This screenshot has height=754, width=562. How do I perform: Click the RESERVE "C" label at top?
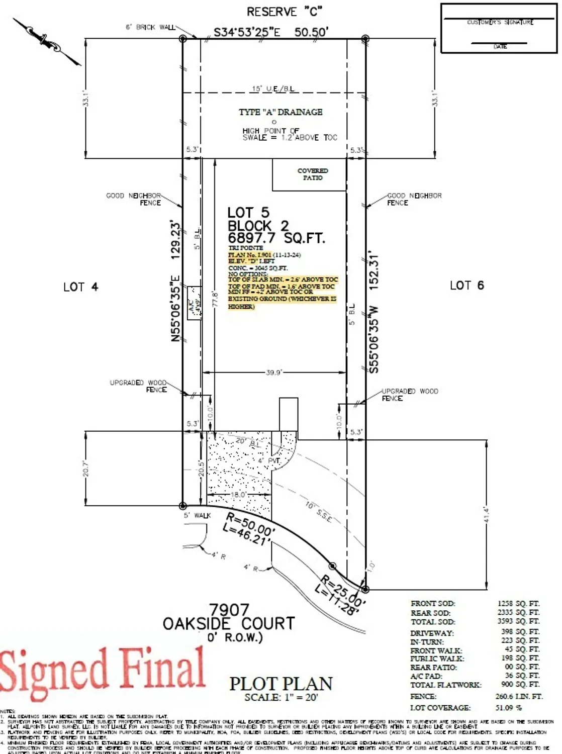click(x=284, y=11)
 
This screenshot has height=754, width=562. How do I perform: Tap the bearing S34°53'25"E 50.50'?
click(x=271, y=32)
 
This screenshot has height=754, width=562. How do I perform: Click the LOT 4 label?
click(x=80, y=287)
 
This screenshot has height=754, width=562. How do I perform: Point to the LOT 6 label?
click(x=466, y=286)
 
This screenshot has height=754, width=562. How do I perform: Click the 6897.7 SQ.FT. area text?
click(x=276, y=238)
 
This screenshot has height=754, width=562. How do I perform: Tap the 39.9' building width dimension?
click(x=274, y=372)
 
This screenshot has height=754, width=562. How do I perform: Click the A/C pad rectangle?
click(x=194, y=303)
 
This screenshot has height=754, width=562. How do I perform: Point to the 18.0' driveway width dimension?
click(x=238, y=495)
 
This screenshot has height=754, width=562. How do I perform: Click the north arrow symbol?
click(x=46, y=42)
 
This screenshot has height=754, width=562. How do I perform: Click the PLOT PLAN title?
click(x=281, y=684)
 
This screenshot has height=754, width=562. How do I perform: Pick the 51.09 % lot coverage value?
click(x=508, y=707)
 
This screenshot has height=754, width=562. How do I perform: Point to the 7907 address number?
click(x=229, y=610)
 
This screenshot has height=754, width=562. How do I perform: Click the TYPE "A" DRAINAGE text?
click(x=280, y=112)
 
